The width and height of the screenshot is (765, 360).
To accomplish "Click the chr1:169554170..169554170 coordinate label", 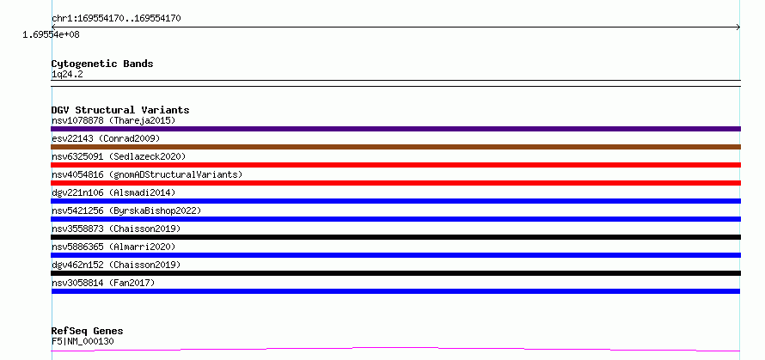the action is tap(116, 19).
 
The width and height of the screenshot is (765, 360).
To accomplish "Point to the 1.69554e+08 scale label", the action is tap(51, 35).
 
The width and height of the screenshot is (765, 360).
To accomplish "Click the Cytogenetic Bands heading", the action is tap(102, 64).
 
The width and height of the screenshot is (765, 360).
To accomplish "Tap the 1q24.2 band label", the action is tap(67, 74).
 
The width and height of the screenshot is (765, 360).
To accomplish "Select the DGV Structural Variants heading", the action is tap(120, 110).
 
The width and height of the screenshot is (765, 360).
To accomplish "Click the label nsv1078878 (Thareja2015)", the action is tap(113, 120).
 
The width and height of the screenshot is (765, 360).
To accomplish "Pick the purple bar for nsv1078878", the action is tap(395, 129).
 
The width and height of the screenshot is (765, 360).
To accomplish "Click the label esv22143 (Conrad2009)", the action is tap(106, 138).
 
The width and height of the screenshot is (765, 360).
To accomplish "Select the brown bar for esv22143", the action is tap(395, 147).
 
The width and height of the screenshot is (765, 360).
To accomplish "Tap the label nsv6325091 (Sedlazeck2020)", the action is tap(119, 156).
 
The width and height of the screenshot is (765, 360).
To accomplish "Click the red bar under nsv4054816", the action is tap(395, 183).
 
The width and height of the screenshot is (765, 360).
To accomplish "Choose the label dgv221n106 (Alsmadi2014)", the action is tap(113, 192).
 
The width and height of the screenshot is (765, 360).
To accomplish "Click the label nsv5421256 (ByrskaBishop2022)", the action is tap(126, 211).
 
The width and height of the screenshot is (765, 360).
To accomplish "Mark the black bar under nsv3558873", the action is tap(395, 237).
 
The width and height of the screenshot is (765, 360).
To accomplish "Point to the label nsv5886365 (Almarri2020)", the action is tap(113, 247).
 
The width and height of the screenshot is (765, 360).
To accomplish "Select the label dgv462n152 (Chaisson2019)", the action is tap(116, 265).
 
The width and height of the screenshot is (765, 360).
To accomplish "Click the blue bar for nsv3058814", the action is tap(395, 291).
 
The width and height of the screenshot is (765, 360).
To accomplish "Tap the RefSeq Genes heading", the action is tap(87, 332).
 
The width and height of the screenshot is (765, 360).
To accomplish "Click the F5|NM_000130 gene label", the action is tap(83, 341).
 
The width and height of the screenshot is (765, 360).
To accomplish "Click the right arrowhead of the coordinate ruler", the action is tap(738, 27).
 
